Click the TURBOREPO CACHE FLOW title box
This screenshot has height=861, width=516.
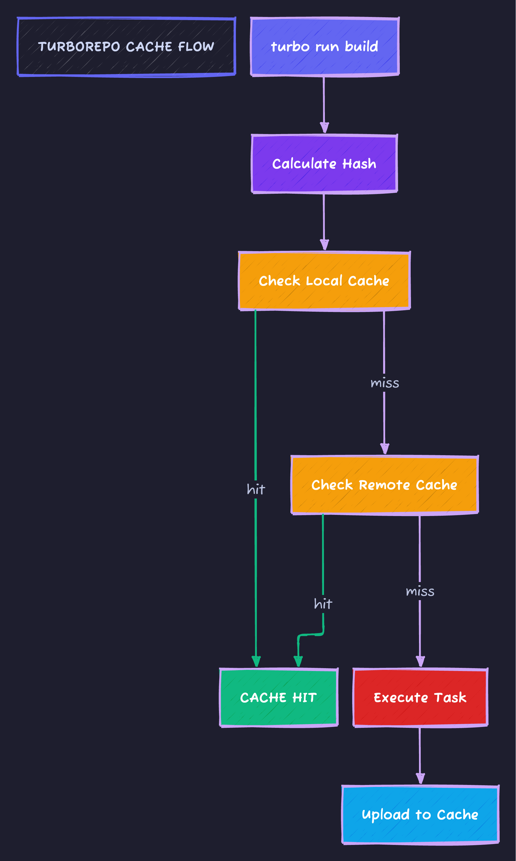coord(126,46)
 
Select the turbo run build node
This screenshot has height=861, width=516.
coord(324,46)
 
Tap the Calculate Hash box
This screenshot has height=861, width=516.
coord(324,163)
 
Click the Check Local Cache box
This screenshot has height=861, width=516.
coord(324,281)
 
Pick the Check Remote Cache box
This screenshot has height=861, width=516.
coord(384,485)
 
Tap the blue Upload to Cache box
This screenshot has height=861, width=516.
coord(420,815)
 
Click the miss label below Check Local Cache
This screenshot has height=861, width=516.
coord(385,383)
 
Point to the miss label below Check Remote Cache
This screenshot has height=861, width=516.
coord(420,591)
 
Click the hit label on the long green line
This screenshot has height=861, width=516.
coord(256,490)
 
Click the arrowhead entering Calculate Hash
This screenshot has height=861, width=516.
coord(324,128)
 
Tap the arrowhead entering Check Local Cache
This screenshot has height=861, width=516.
coord(324,245)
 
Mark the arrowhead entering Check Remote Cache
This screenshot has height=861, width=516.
coord(385,449)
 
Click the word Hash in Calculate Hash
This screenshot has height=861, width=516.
coord(359,163)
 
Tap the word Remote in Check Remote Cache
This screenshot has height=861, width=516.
coord(384,485)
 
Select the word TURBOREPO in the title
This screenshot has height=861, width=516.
coord(79,46)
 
